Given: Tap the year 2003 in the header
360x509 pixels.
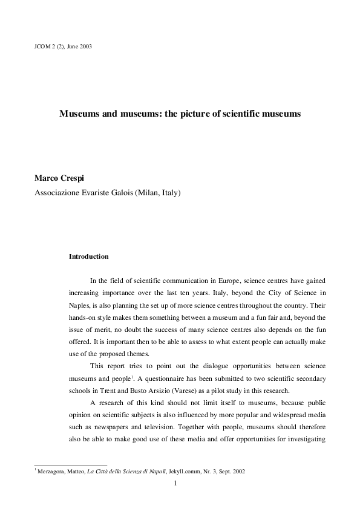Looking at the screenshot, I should tap(85, 46).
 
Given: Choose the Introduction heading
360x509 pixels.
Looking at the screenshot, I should tap(89, 256).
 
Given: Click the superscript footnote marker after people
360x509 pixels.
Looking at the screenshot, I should tap(132, 377).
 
